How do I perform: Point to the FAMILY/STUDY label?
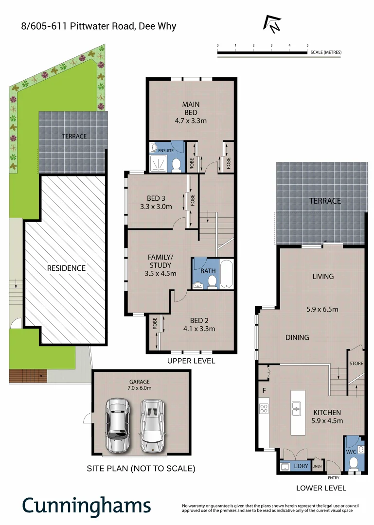pyautogui.click(x=160, y=261)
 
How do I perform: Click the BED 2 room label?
pyautogui.click(x=199, y=320)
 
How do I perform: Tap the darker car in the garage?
pyautogui.click(x=118, y=425)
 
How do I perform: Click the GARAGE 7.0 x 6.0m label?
pyautogui.click(x=140, y=385)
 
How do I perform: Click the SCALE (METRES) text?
pyautogui.click(x=326, y=52)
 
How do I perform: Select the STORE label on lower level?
pyautogui.click(x=356, y=364)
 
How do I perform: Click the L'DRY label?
pyautogui.click(x=301, y=466)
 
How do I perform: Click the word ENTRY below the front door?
pyautogui.click(x=334, y=478)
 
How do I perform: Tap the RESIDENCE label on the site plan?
pyautogui.click(x=66, y=268)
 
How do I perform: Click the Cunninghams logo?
pyautogui.click(x=87, y=506)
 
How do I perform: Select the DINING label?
pyautogui.click(x=297, y=337)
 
